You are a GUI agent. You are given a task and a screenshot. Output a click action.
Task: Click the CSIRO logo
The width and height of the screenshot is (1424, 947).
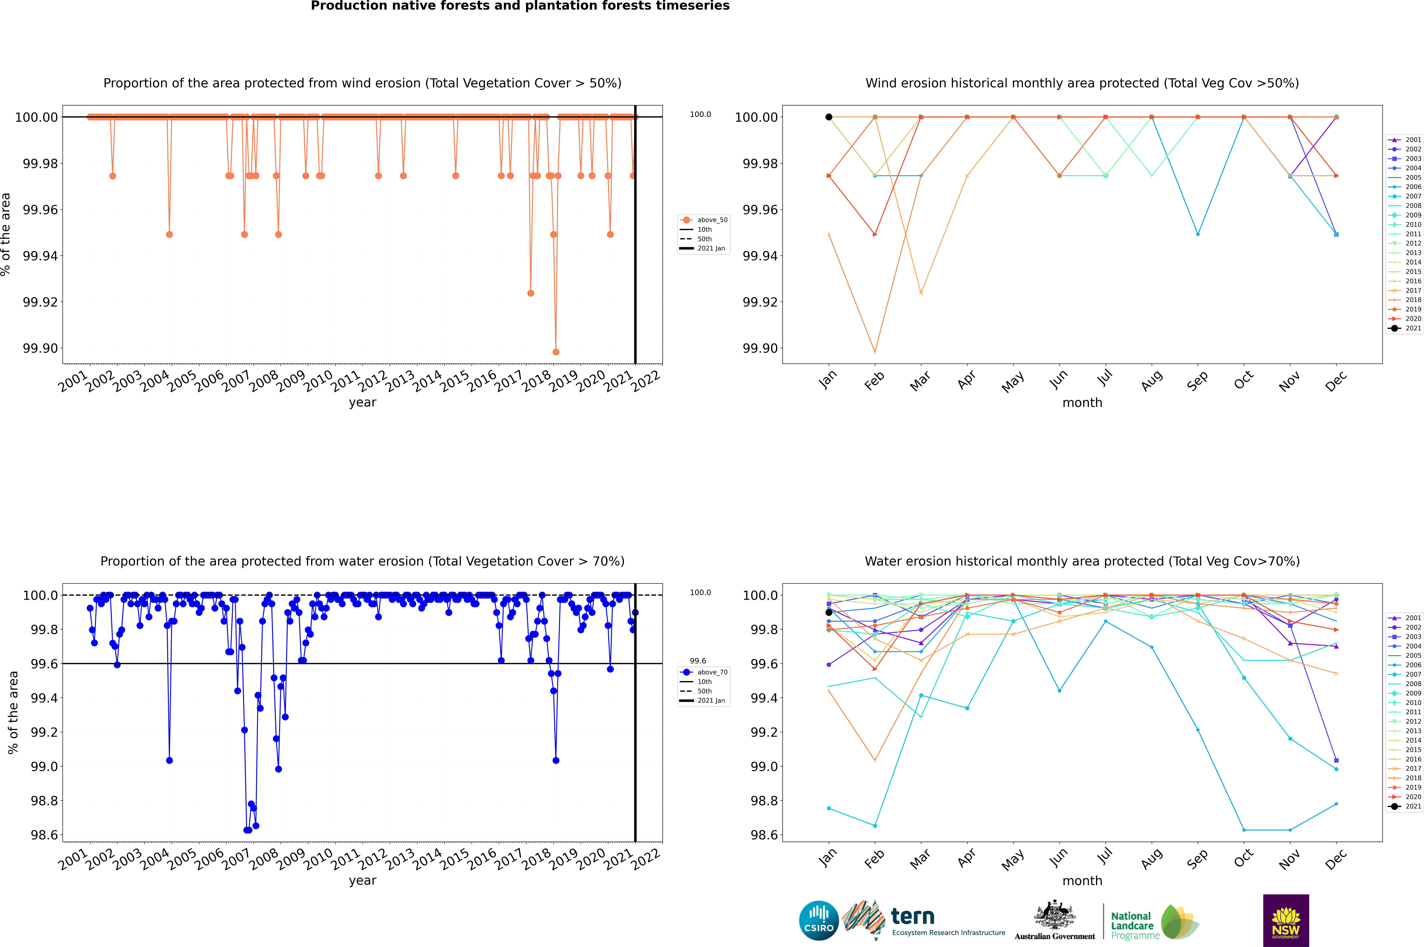point(819,920)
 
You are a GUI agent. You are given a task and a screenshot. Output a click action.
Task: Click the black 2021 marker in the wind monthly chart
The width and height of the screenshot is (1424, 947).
point(829,117)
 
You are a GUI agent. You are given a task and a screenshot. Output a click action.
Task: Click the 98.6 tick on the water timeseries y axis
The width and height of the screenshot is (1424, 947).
point(45,835)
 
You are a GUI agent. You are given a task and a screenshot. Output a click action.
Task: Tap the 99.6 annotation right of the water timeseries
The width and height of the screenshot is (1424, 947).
point(698,661)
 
